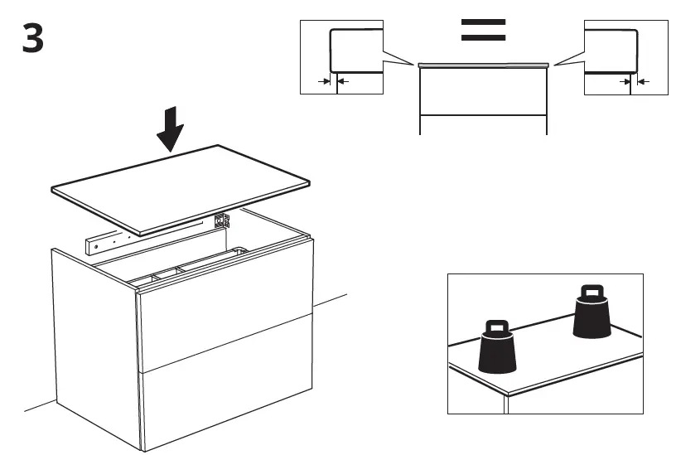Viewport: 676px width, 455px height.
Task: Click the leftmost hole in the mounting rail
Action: [94, 246]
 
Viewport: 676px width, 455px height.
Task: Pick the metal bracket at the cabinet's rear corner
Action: [220, 221]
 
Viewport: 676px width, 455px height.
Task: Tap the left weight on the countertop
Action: [497, 348]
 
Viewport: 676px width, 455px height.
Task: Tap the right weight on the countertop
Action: [591, 313]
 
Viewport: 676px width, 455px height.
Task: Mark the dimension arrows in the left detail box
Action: [333, 81]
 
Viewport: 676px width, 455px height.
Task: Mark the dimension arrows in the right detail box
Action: [631, 81]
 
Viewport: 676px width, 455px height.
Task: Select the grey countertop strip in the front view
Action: [483, 64]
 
